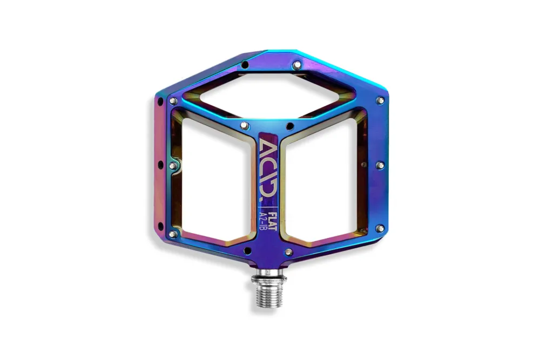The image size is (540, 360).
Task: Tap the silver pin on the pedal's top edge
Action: tap(296, 65)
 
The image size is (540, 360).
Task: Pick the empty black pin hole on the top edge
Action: tap(245, 64)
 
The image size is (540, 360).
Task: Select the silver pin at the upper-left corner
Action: tap(173, 101)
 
